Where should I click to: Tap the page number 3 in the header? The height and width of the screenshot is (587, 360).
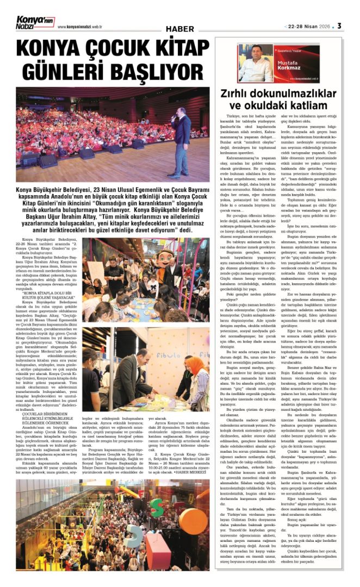tap(339, 26)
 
